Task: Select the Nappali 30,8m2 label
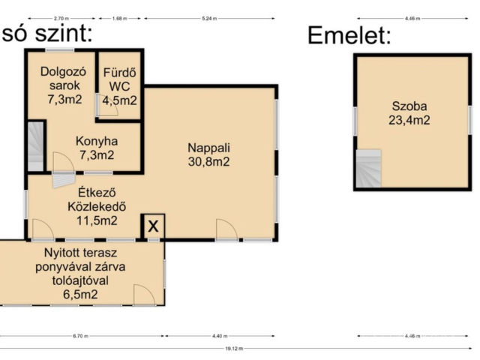tap(208, 154)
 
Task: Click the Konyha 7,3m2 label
tap(97, 148)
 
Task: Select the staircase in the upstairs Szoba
tap(368, 169)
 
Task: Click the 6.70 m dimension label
tap(80, 335)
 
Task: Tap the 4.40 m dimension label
tap(221, 335)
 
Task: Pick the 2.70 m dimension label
tap(61, 18)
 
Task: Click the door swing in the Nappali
tap(226, 229)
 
